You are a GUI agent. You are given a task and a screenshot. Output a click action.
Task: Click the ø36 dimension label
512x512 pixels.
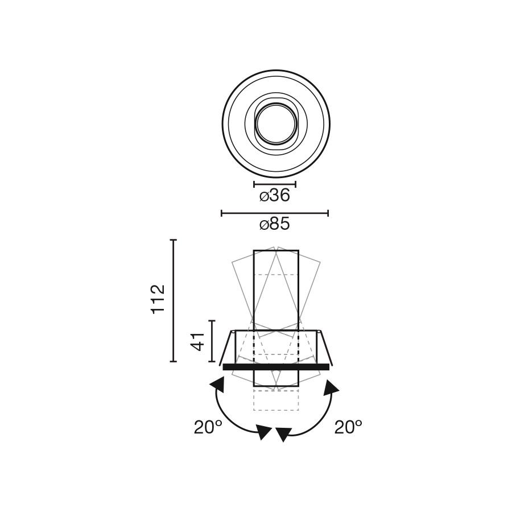coord(275,196)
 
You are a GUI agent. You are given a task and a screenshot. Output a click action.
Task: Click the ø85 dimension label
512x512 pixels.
coord(275,225)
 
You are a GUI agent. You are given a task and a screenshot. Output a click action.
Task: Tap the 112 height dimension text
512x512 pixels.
coord(158,299)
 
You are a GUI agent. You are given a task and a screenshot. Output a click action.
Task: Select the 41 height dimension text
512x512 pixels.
coord(197,341)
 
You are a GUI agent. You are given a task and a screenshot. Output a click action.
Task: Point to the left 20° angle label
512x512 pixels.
coord(208,427)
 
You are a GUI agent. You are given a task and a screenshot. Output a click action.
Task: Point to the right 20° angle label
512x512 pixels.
coord(348,427)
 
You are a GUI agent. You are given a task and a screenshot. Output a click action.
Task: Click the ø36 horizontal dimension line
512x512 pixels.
coord(275,184)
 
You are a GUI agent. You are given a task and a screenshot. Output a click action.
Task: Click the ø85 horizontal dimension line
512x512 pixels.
coord(275,213)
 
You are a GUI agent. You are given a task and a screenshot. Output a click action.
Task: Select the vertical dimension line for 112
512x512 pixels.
coord(174,300)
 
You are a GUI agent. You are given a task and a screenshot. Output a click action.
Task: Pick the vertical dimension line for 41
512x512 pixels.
coord(212,341)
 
